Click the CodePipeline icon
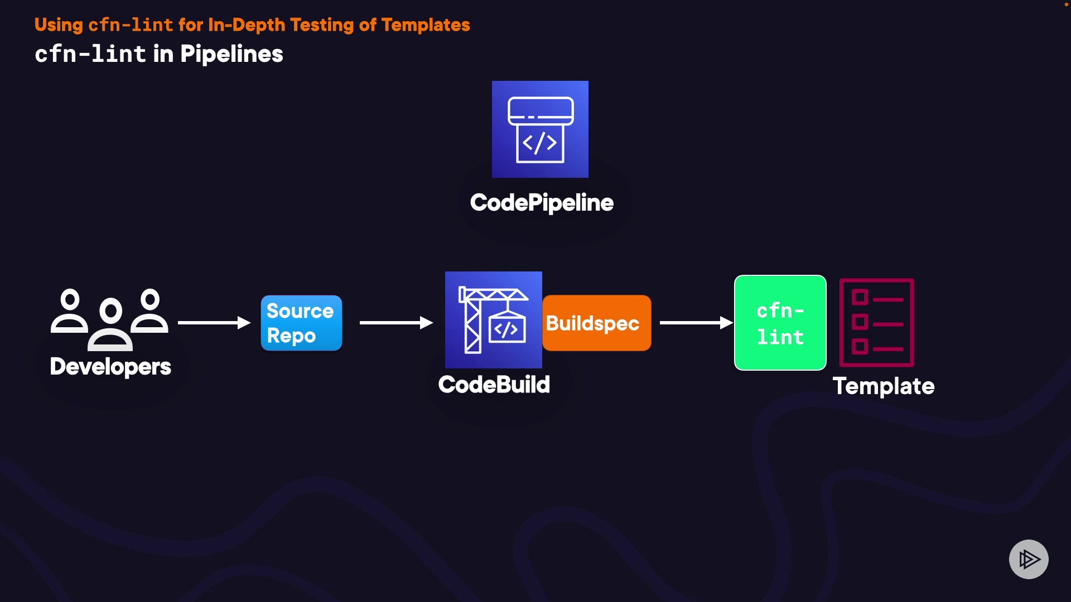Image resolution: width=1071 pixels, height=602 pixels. pyautogui.click(x=540, y=129)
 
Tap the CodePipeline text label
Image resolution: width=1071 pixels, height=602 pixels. pyautogui.click(x=542, y=203)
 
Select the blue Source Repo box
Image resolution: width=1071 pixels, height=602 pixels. pyautogui.click(x=301, y=323)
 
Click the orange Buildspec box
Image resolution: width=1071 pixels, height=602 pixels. pyautogui.click(x=596, y=323)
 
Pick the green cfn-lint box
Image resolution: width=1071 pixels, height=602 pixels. pyautogui.click(x=780, y=323)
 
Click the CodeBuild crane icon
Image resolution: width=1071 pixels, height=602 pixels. pyautogui.click(x=493, y=320)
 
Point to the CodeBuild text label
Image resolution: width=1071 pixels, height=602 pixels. pyautogui.click(x=494, y=385)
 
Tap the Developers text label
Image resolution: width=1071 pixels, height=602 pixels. pyautogui.click(x=110, y=367)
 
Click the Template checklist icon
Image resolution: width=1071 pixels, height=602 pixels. pyautogui.click(x=876, y=323)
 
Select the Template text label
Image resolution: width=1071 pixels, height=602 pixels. pyautogui.click(x=884, y=386)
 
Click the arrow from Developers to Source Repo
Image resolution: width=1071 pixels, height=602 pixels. pyautogui.click(x=214, y=323)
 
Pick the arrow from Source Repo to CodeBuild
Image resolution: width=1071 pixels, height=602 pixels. pyautogui.click(x=396, y=323)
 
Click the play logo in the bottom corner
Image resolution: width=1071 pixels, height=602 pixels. pyautogui.click(x=1029, y=559)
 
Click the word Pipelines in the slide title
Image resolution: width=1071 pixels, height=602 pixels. pyautogui.click(x=231, y=55)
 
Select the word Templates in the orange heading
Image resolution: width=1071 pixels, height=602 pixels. pyautogui.click(x=426, y=25)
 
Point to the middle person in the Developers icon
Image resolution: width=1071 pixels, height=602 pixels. pyautogui.click(x=110, y=323)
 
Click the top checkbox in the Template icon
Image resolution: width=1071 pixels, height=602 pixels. pyautogui.click(x=860, y=298)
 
